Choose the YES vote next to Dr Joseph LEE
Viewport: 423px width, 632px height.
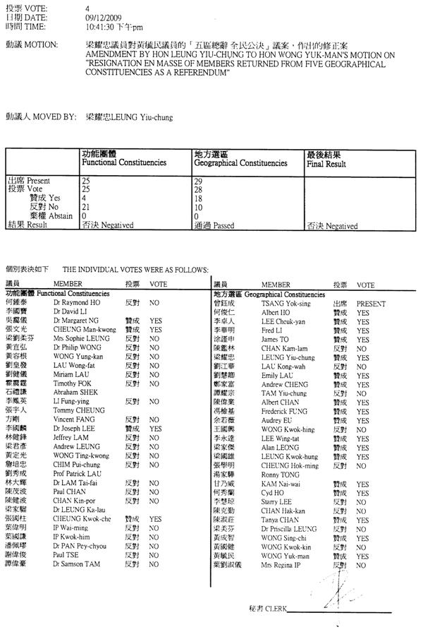click(155, 428)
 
